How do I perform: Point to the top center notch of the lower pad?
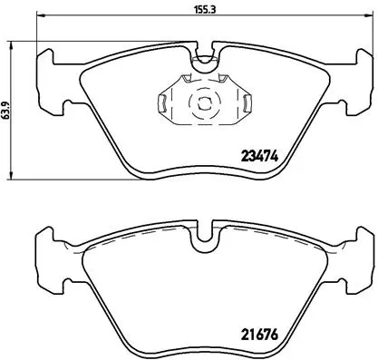tap(204, 238)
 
